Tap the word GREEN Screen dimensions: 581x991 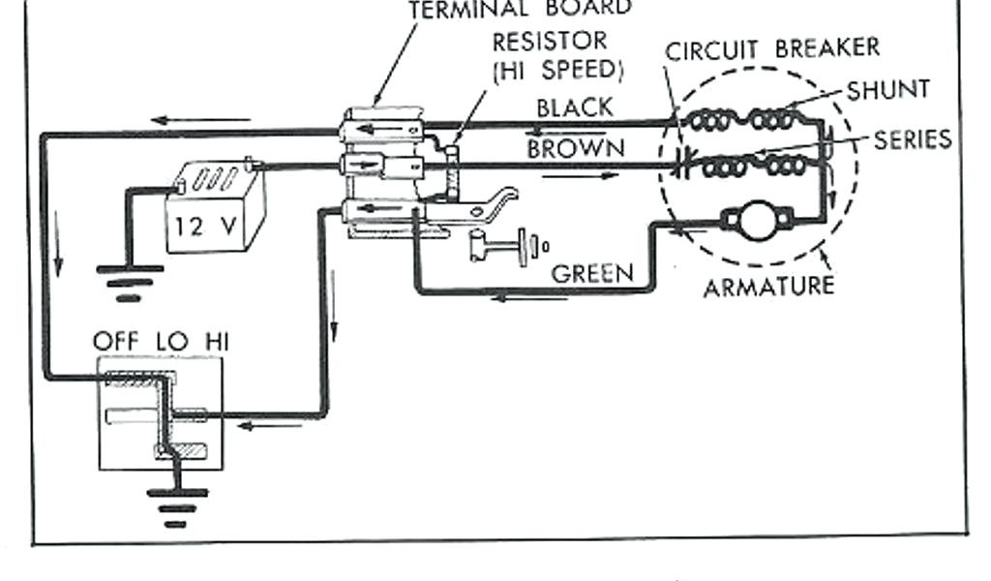(592, 274)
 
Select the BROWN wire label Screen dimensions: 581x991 (576, 149)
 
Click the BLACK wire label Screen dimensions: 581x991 (575, 107)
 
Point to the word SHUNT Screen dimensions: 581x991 (888, 90)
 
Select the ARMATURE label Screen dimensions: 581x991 (769, 287)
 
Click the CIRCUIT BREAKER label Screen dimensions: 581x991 (772, 47)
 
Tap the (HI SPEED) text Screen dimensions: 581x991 (557, 71)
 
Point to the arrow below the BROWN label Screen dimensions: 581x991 (579, 178)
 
